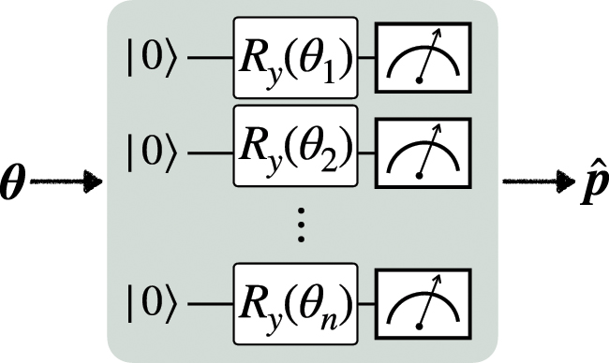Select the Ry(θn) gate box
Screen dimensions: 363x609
pos(295,307)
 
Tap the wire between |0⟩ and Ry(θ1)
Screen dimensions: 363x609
pos(210,64)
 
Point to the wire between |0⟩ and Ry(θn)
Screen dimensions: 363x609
pos(210,308)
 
